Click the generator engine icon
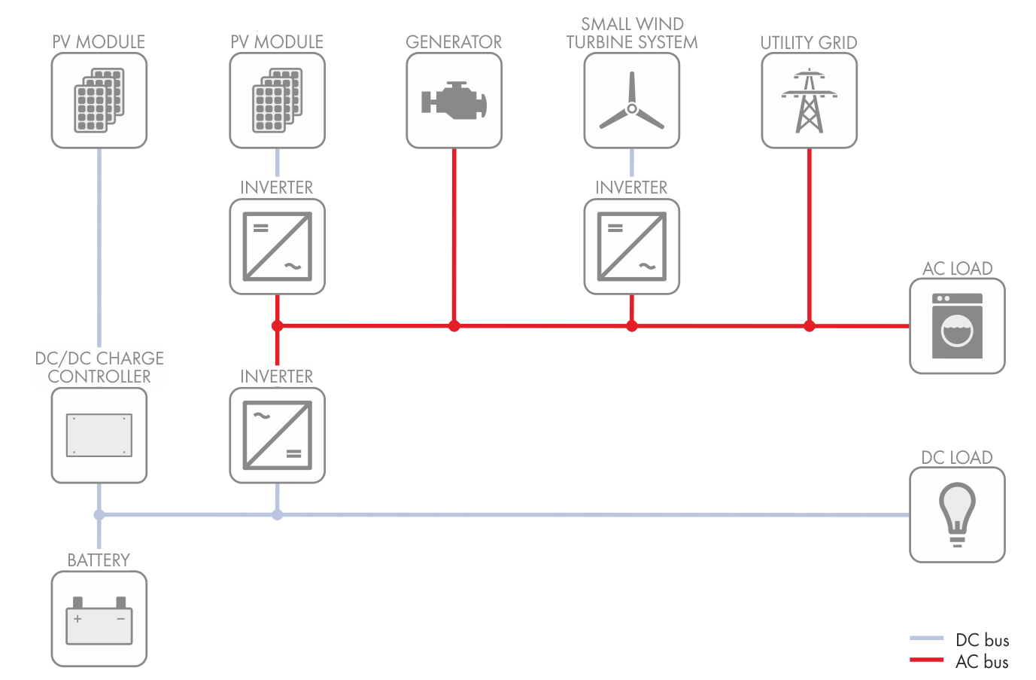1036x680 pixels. pyautogui.click(x=454, y=101)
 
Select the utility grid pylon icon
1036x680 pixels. pyautogui.click(x=809, y=101)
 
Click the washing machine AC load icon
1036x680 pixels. pyautogui.click(x=957, y=325)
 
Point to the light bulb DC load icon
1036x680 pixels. pyautogui.click(x=957, y=514)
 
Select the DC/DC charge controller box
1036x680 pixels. pyautogui.click(x=99, y=435)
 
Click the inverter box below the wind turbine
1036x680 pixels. pyautogui.click(x=632, y=246)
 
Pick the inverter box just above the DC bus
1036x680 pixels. pyautogui.click(x=278, y=435)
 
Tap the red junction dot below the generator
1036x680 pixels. pyautogui.click(x=454, y=326)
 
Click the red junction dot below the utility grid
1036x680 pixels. pyautogui.click(x=809, y=326)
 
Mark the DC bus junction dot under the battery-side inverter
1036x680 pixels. pyautogui.click(x=278, y=515)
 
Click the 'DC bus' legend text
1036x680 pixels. pyautogui.click(x=982, y=640)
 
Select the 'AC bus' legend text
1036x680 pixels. pyautogui.click(x=982, y=662)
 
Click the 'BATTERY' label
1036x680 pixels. pyautogui.click(x=99, y=560)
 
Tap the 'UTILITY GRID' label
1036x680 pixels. pyautogui.click(x=809, y=43)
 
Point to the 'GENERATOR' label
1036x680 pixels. pyautogui.click(x=454, y=42)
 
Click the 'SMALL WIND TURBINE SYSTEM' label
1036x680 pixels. pyautogui.click(x=632, y=33)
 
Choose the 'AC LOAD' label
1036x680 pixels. pyautogui.click(x=957, y=268)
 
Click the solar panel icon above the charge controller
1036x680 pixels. pyautogui.click(x=99, y=101)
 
